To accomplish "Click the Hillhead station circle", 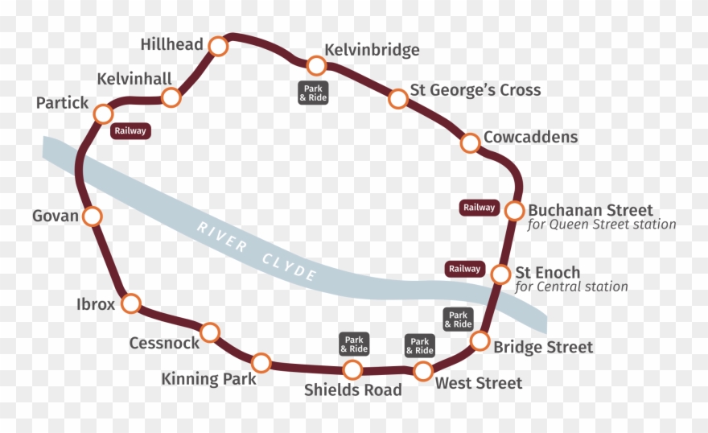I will pos(218,46).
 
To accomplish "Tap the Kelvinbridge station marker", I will pos(316,65).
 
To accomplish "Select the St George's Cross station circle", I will pos(398,99).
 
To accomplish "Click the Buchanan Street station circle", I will pos(515,211).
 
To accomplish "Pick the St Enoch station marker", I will pos(500,274).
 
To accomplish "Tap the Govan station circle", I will pos(93,216).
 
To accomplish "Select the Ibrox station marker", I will pos(130,303).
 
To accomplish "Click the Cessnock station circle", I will pos(210,332).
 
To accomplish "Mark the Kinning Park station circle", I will pos(261,363).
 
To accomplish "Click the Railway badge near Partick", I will pos(130,131).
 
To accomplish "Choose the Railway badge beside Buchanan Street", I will pos(479,208).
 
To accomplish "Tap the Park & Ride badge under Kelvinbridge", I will pos(313,93).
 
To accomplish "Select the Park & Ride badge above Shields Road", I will pos(354,344).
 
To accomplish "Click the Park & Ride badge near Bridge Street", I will pos(458,320).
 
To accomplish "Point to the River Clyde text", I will pos(257,249).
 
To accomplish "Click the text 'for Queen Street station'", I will pos(602,225).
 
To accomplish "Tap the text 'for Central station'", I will pos(571,287).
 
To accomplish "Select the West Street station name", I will pos(479,383).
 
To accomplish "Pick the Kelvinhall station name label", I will pos(134,79).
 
